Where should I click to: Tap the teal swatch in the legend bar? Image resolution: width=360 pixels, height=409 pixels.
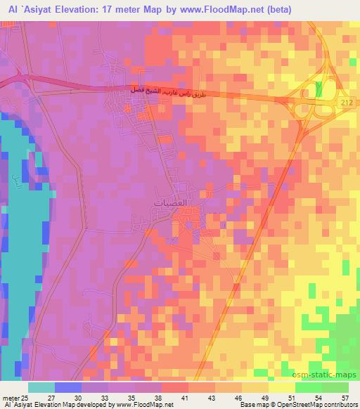(x=41, y=387)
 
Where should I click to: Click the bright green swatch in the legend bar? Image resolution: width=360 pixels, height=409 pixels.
(x=309, y=387)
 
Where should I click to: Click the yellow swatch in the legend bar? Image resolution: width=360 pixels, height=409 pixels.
(x=282, y=387)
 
